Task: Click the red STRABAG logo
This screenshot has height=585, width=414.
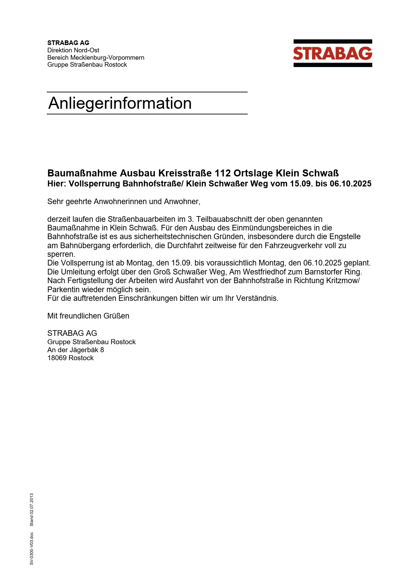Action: click(x=333, y=53)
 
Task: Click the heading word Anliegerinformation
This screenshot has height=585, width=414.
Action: click(x=120, y=103)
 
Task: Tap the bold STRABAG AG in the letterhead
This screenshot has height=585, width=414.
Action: click(x=68, y=43)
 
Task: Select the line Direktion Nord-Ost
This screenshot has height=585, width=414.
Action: click(x=73, y=50)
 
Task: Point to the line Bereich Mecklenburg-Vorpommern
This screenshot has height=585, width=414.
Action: click(x=96, y=57)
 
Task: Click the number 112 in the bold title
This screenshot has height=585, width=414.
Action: click(x=223, y=173)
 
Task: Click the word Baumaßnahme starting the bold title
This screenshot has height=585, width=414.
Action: click(x=82, y=173)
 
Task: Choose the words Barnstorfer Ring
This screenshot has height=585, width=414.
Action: click(x=333, y=272)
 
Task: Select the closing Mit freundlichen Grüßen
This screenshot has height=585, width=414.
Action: click(x=88, y=316)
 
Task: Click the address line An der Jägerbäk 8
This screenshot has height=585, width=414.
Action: click(x=75, y=350)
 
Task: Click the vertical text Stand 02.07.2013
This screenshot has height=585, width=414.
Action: click(x=32, y=510)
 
